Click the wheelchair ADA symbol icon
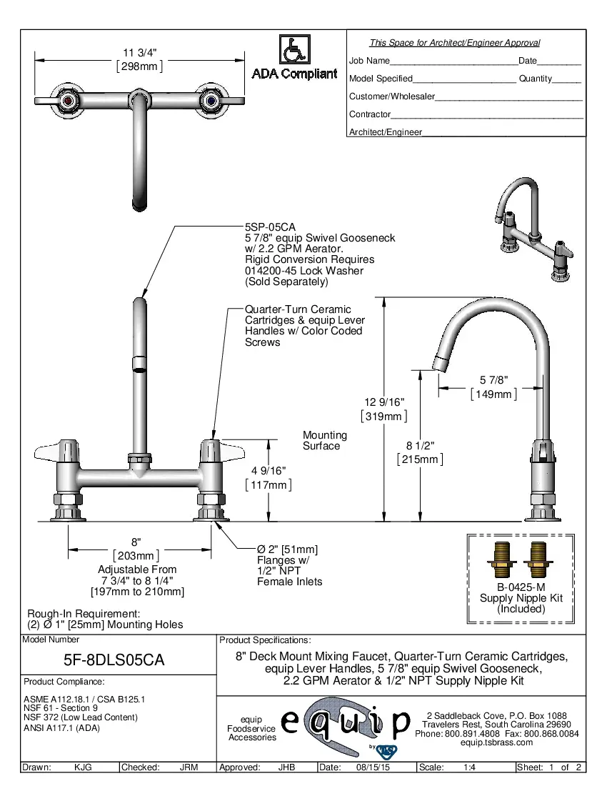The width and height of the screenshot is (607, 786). click(x=294, y=51)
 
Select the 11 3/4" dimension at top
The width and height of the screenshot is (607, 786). click(x=139, y=53)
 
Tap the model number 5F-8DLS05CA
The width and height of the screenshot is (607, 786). click(x=114, y=660)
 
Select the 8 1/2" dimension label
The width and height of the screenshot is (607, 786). click(x=420, y=447)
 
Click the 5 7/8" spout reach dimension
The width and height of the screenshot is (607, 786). click(x=493, y=381)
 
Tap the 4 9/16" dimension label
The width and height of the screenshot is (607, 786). click(x=269, y=471)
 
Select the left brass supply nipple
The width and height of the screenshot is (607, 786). click(x=501, y=559)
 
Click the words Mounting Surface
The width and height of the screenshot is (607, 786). click(x=324, y=440)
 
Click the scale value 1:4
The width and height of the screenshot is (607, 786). click(x=470, y=767)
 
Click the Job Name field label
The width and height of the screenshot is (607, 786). click(x=369, y=61)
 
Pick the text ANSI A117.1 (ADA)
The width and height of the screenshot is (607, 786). click(x=62, y=728)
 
